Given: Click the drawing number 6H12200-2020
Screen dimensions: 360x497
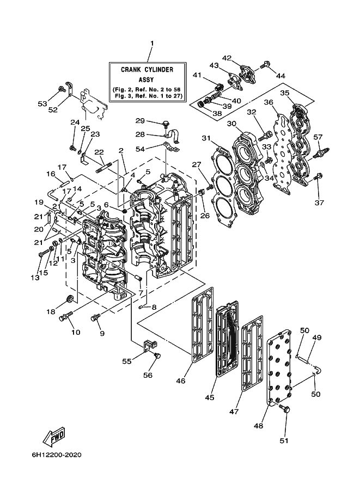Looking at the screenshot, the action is pos(57,455).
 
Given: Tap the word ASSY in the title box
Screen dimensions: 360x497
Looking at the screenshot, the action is pos(146,80).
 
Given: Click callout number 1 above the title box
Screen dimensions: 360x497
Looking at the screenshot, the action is pos(152,43).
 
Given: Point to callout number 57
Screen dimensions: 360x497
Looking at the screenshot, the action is pos(318,137).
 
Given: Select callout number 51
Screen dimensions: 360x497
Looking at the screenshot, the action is pos(284,440).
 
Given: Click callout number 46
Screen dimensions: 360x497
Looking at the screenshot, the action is pos(180,381).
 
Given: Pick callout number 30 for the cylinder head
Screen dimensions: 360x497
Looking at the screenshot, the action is pos(232,124).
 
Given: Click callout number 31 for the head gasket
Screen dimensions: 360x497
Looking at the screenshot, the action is pos(206,138).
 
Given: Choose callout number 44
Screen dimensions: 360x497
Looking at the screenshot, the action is pos(280,76).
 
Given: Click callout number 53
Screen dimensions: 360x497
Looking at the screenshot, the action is pos(42,103).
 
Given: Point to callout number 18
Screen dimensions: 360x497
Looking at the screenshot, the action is pos(51,312).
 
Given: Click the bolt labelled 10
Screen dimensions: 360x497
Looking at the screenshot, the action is pos(66,316).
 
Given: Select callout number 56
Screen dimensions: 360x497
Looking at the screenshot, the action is pos(148,375).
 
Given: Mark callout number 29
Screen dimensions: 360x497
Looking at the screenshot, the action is pos(140,121).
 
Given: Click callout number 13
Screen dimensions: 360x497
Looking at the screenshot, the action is pos(35,278).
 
